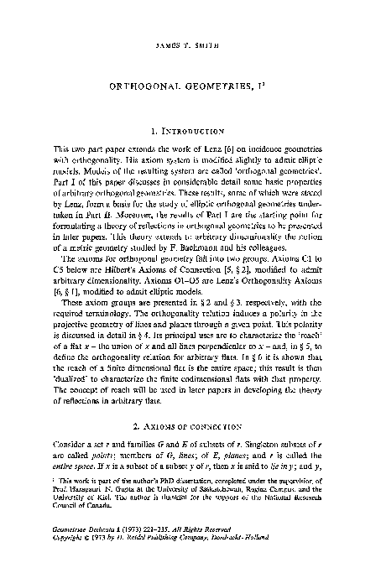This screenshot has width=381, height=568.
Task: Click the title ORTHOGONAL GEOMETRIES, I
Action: pos(190,86)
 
